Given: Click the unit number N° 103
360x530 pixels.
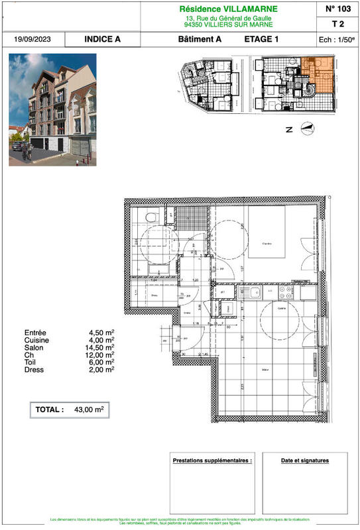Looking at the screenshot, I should (338, 9).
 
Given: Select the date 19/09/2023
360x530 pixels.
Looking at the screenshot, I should (32, 40).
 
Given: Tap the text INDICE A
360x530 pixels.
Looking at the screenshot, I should (103, 40).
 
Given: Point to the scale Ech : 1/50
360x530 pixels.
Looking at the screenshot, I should (337, 40).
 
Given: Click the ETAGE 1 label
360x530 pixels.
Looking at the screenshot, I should (261, 40).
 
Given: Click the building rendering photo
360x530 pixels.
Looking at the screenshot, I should (52, 109).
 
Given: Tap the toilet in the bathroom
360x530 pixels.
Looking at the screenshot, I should (150, 217).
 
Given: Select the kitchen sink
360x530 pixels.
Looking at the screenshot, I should (255, 291).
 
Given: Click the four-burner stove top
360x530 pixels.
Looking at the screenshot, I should (287, 291).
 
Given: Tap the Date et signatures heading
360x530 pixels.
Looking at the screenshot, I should (304, 460).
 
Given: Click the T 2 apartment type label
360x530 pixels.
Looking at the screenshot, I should (338, 24).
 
